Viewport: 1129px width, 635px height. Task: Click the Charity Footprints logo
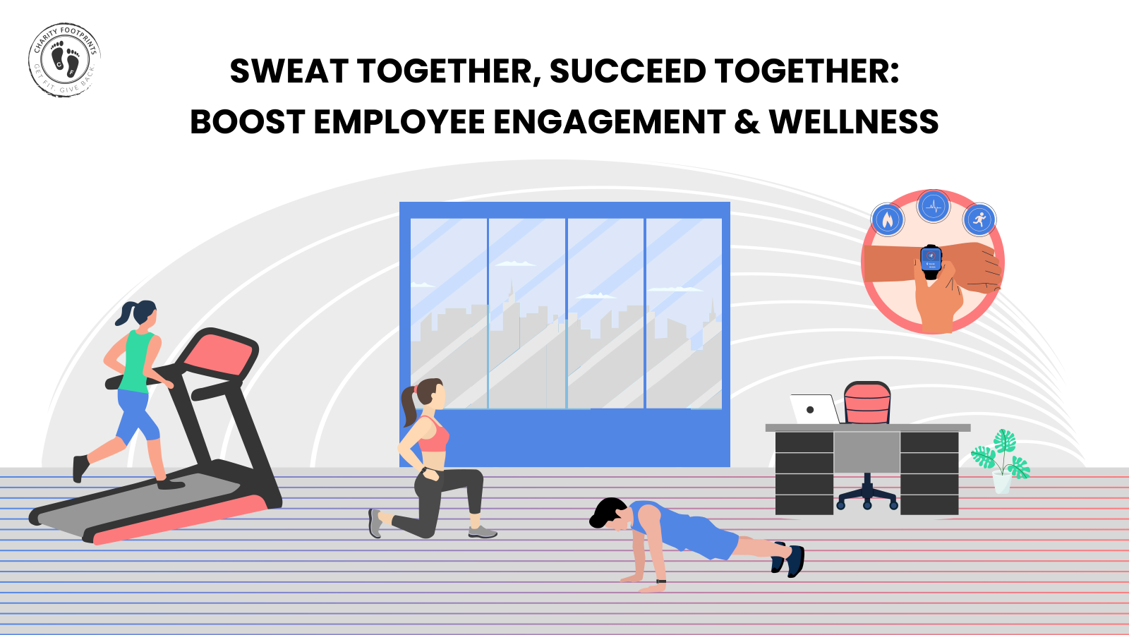[64, 59]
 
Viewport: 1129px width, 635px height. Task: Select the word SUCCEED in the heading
[627, 71]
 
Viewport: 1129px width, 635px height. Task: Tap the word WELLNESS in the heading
[854, 122]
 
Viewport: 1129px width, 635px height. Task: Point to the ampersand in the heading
[747, 122]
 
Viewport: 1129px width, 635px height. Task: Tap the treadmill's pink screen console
[223, 353]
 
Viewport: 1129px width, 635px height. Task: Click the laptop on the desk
[814, 409]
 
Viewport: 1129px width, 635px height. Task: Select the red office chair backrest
[867, 404]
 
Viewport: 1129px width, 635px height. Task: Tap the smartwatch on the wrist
[931, 259]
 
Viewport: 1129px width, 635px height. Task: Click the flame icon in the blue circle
[888, 220]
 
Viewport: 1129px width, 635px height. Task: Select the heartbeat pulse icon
[934, 207]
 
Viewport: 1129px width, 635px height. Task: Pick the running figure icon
[979, 220]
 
